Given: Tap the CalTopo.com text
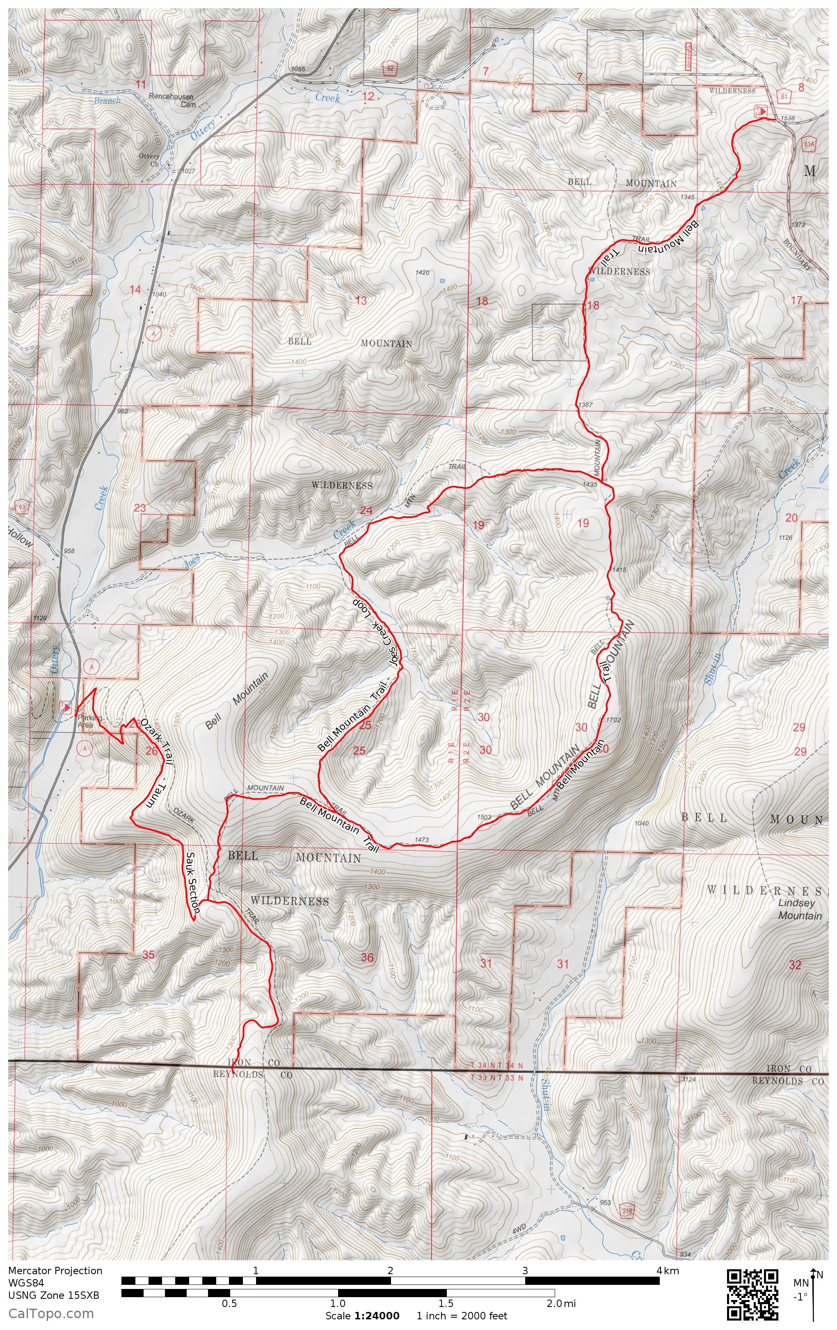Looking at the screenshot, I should [x=51, y=1313].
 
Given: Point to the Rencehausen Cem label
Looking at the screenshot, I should [x=172, y=100].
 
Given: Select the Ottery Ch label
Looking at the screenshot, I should [x=149, y=160].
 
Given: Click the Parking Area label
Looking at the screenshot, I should [x=85, y=721].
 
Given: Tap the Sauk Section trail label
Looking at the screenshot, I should [x=192, y=884].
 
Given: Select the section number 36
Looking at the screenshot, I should [x=367, y=957].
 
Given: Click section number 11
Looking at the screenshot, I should [x=141, y=84].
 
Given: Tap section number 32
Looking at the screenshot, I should [x=794, y=965].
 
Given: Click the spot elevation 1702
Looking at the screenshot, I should [x=613, y=720].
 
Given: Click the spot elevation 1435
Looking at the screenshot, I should [x=590, y=484].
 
